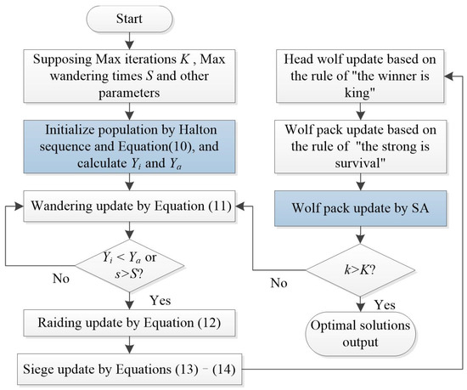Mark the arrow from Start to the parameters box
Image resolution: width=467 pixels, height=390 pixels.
[x=128, y=42]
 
